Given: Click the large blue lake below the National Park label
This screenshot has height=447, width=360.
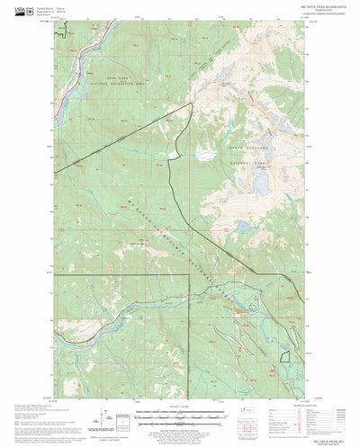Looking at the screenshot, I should [256, 184].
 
